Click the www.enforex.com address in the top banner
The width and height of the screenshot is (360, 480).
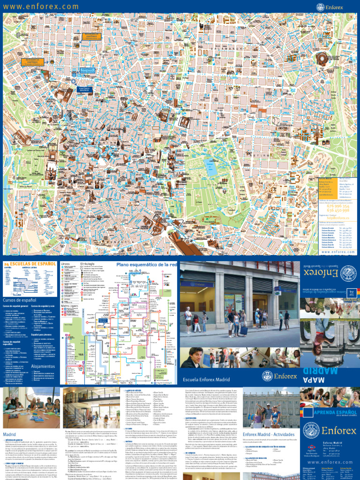pyautogui.click(x=41, y=7)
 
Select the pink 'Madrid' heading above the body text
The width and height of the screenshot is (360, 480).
pyautogui.click(x=11, y=435)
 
